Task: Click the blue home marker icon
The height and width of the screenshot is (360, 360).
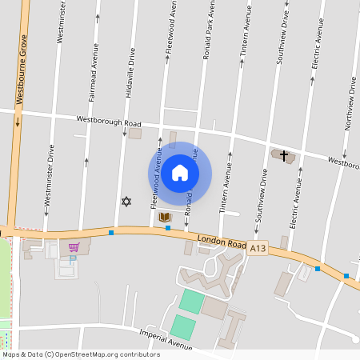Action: pyautogui.click(x=180, y=172)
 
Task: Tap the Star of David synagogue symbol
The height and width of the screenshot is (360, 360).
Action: pyautogui.click(x=125, y=202)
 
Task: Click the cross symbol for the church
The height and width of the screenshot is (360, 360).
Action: pyautogui.click(x=284, y=154)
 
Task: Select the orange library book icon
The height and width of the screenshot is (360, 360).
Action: pyautogui.click(x=166, y=217)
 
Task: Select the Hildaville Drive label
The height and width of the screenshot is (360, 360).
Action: pyautogui.click(x=130, y=73)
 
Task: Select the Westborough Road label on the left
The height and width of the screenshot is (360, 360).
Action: pyautogui.click(x=109, y=122)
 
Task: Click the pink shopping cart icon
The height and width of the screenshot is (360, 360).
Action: pyautogui.click(x=74, y=247)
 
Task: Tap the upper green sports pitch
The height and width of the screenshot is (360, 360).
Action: pyautogui.click(x=191, y=302)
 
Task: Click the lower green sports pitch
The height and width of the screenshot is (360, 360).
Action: pyautogui.click(x=182, y=326)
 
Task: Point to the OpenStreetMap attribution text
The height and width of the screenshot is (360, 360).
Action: pyautogui.click(x=80, y=354)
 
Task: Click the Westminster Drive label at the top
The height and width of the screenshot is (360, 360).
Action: pyautogui.click(x=61, y=22)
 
